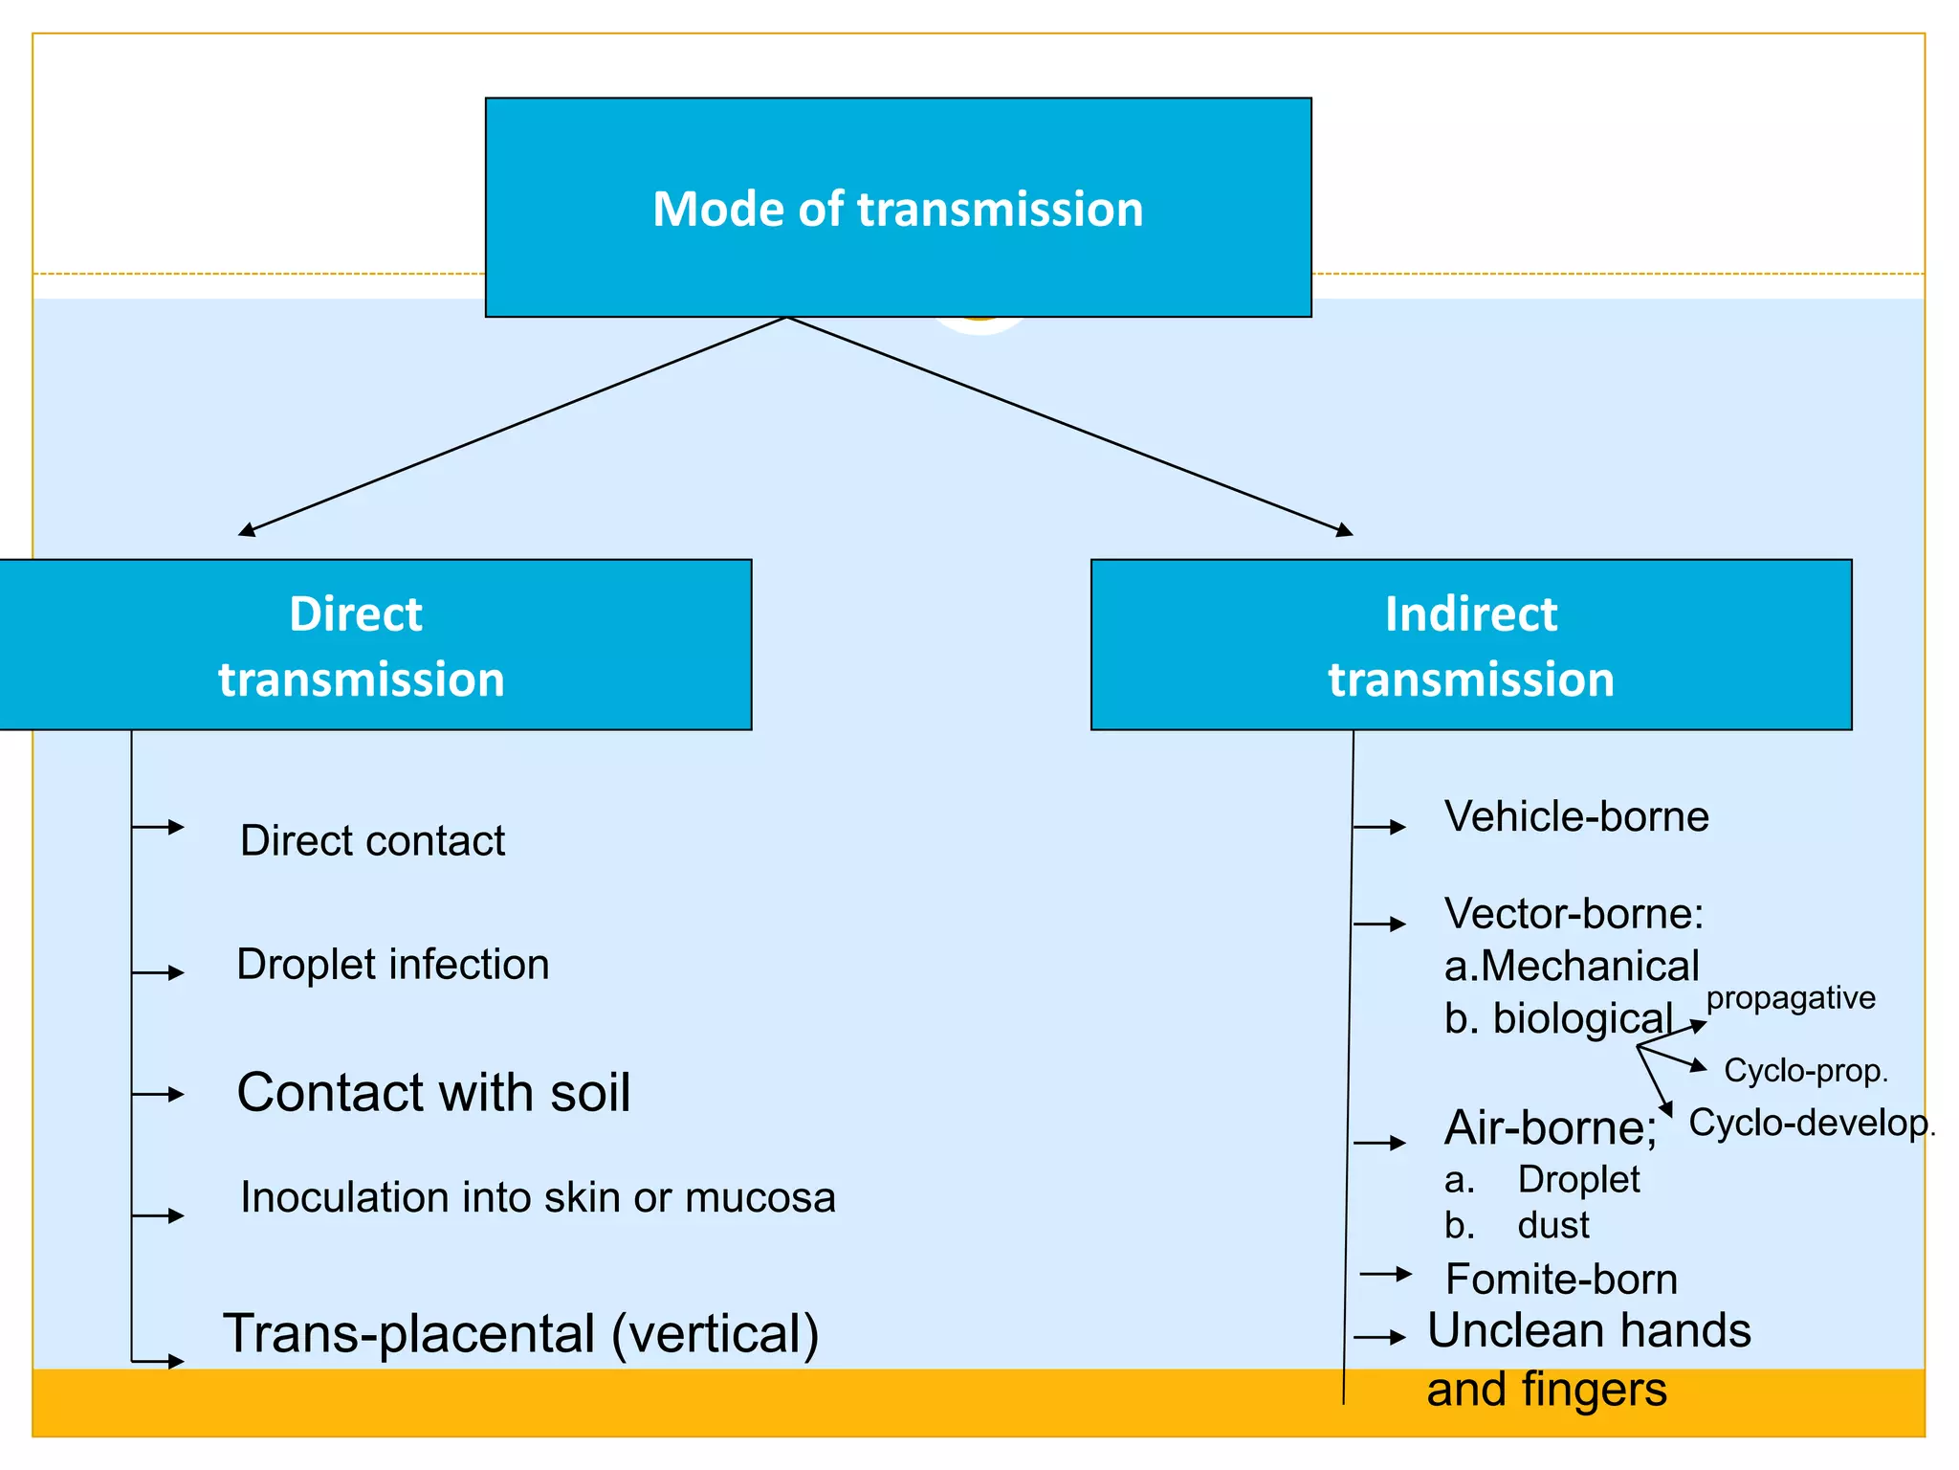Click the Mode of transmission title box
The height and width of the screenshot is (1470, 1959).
897,208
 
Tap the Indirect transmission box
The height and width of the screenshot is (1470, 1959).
1470,645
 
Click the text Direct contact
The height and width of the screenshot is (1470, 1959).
372,840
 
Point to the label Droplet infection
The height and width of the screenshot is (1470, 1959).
392,964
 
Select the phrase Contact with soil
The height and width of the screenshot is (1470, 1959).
433,1092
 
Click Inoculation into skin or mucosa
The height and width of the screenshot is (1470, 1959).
538,1197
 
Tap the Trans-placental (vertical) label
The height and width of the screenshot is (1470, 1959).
520,1333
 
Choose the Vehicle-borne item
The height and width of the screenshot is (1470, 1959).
1576,816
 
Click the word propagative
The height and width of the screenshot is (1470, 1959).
1790,997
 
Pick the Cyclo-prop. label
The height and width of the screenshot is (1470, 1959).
1805,1070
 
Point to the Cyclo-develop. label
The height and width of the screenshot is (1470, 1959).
1811,1123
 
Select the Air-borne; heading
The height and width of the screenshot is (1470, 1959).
1551,1127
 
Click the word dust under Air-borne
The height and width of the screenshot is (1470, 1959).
1552,1225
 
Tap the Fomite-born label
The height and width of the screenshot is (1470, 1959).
1561,1279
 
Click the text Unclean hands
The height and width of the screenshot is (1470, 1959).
1588,1330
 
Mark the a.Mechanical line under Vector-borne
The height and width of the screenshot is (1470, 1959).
1572,966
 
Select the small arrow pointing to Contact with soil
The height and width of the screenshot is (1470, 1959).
159,1094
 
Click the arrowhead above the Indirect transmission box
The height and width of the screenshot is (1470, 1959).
1344,530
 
